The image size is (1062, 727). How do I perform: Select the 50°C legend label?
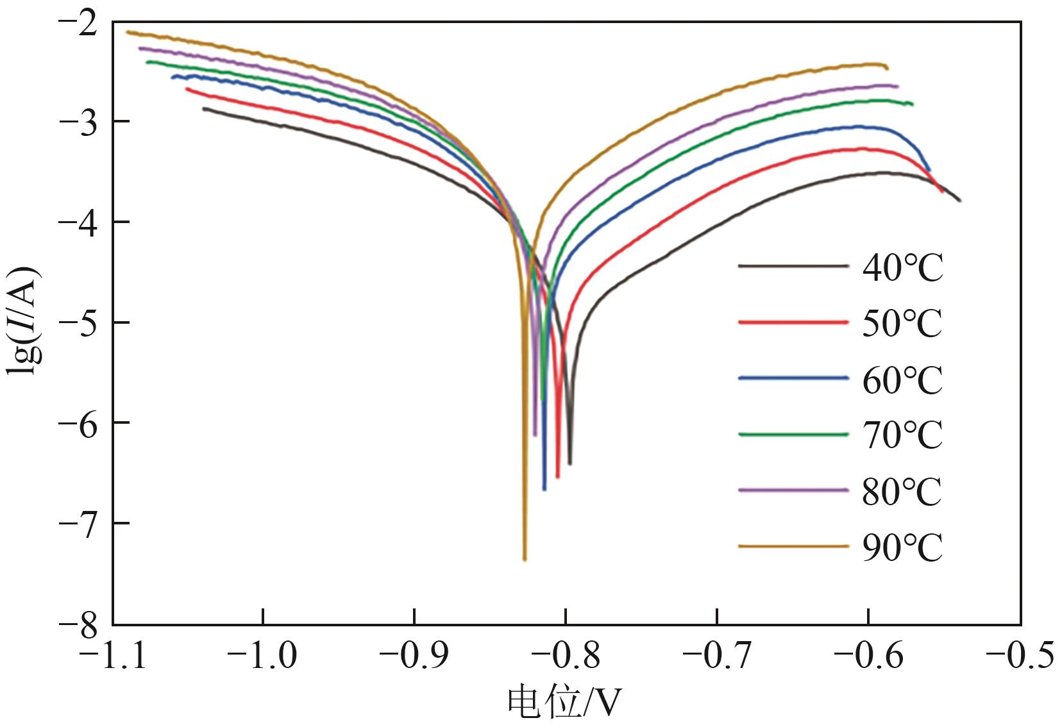902,323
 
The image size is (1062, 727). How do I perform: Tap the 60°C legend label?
902,380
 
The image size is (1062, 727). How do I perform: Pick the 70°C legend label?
902,435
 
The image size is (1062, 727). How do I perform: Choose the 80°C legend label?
902,491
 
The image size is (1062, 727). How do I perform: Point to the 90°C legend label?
902,547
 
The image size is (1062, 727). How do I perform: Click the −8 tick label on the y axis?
78,624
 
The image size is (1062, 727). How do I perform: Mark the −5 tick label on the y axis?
78,322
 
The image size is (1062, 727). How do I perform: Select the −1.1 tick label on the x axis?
112,656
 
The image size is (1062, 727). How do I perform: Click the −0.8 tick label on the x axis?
566,656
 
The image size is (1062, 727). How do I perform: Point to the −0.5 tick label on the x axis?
1020,656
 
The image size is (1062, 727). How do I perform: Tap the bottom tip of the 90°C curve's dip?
525,559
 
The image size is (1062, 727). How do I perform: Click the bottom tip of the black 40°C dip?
569,463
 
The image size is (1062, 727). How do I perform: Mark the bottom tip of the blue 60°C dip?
544,489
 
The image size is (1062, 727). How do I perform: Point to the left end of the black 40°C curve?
203,108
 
